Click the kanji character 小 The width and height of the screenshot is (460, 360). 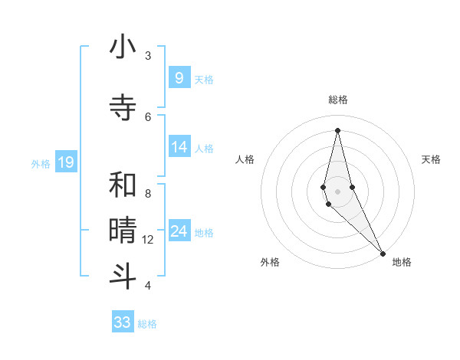coord(123,47)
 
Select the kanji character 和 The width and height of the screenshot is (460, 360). coord(123,185)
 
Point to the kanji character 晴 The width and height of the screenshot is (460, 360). coord(123,230)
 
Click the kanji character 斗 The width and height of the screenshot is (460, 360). coord(123,276)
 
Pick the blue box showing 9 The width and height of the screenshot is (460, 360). coord(179,77)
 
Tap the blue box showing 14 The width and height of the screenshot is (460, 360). coord(179,147)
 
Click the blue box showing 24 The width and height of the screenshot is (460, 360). coord(179,231)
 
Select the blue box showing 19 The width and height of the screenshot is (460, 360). coord(65,162)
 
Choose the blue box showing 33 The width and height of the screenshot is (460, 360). coord(123,322)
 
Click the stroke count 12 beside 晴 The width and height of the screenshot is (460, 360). coord(148,240)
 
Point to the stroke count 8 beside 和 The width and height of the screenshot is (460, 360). coord(148,193)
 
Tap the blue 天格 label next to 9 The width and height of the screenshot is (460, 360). coord(204,79)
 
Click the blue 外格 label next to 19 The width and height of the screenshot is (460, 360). coord(41,163)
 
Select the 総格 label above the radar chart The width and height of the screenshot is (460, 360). coord(337,100)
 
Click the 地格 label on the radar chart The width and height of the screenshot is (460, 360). coord(402,262)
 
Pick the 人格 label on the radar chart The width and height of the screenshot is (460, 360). coord(245,159)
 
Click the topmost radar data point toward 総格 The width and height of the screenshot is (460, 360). coord(337,129)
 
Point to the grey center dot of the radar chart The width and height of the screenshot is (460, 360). coord(337,191)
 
